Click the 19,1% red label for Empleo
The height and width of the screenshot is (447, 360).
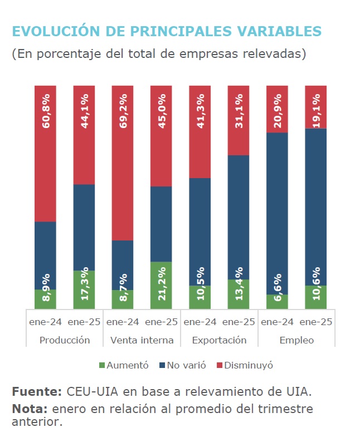(x=315, y=114)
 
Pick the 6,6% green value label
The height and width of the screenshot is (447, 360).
(x=277, y=288)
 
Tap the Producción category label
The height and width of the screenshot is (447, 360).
(x=65, y=340)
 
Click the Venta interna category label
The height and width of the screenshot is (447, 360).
(x=142, y=340)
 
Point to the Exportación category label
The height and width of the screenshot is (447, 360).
(x=219, y=340)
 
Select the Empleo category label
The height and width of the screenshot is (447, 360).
(x=296, y=340)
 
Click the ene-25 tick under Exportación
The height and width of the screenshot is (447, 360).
(x=239, y=322)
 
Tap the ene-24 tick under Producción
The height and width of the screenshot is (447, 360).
(x=45, y=322)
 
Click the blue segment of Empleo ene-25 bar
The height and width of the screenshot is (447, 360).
(x=315, y=206)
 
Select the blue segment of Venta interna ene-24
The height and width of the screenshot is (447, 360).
(x=123, y=265)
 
